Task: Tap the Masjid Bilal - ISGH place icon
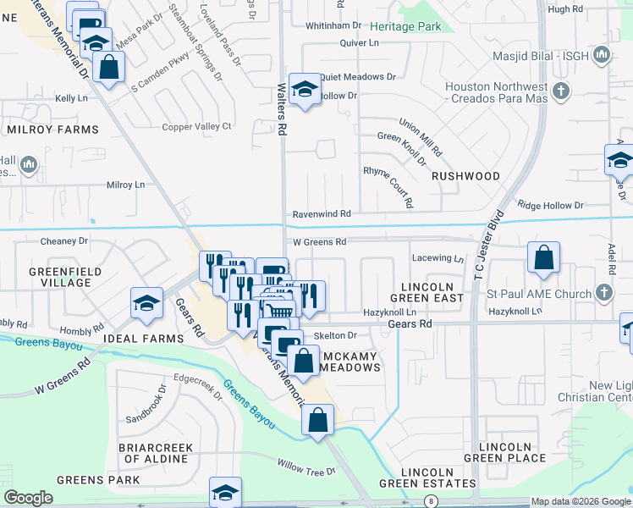point(602,56)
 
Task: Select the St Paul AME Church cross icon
point(603,293)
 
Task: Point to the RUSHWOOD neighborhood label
point(465,176)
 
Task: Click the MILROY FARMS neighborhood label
point(52,130)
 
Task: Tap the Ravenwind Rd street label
point(322,215)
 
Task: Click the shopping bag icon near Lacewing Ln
point(543,257)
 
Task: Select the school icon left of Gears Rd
point(146,303)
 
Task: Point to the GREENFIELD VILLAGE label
point(65,278)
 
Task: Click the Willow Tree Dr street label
point(307,467)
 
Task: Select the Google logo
point(29,499)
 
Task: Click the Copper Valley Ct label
point(197,127)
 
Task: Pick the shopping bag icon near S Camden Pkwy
point(109,67)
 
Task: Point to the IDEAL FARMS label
point(143,339)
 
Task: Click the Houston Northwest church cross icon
point(560,90)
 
